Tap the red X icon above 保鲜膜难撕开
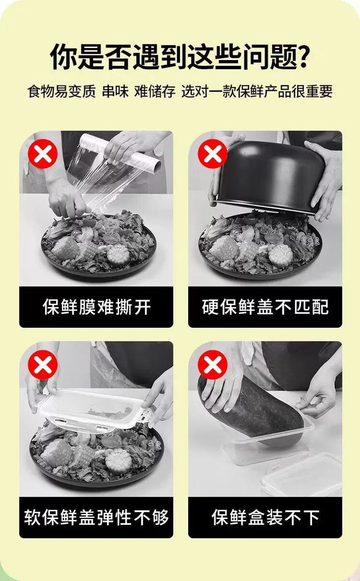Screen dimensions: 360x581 click(x=43, y=154)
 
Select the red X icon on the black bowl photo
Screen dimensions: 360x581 click(x=212, y=153)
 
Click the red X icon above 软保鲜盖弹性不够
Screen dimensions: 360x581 click(x=43, y=365)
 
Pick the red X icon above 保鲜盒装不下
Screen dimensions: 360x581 click(x=212, y=365)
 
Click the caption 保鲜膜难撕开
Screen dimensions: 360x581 click(x=97, y=307)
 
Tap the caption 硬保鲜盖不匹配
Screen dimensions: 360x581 click(x=265, y=307)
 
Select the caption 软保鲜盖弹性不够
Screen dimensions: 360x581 click(x=97, y=518)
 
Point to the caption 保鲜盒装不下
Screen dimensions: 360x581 click(x=265, y=518)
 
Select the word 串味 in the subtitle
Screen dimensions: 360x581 click(x=115, y=92)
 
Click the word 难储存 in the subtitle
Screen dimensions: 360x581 click(x=155, y=92)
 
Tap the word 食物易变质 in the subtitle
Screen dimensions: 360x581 click(x=61, y=92)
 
